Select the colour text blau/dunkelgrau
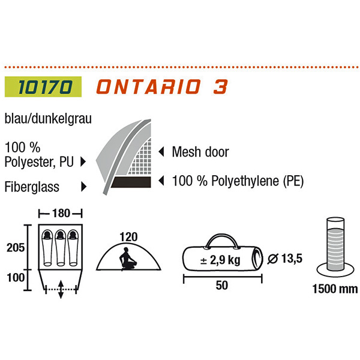tap(47, 119)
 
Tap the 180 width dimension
tap(60, 212)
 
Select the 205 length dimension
tap(13, 248)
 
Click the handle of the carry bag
tap(221, 241)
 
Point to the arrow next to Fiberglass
tap(83, 187)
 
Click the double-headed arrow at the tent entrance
tap(61, 289)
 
